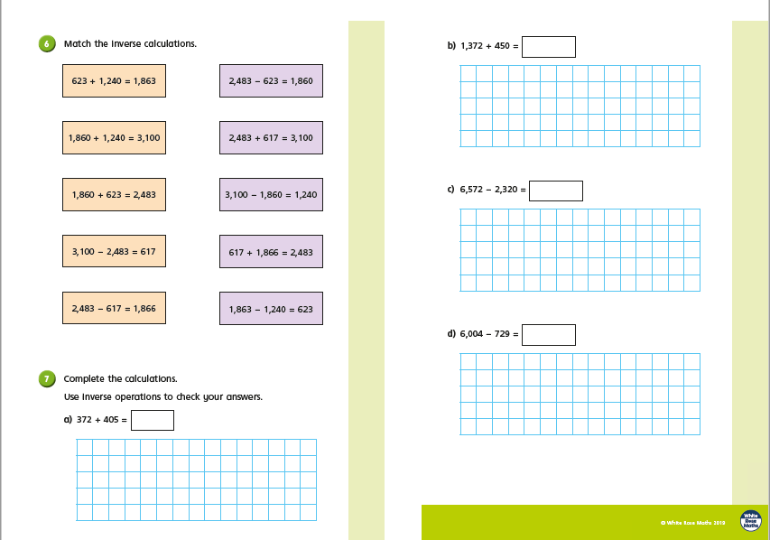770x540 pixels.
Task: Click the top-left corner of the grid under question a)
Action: [77, 439]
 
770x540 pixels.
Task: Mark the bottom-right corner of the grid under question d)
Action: [700, 435]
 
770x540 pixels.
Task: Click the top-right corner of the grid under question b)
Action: [700, 65]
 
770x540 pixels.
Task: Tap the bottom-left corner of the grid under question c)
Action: [460, 291]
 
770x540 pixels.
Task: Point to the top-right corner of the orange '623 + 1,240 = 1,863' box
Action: [165, 64]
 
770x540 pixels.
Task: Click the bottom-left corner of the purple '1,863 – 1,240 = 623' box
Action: [219, 325]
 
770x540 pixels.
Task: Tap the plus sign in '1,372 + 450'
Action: [488, 46]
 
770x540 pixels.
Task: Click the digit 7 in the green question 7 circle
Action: [47, 379]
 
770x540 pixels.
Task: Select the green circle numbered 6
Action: [47, 43]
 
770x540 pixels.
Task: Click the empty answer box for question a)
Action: [153, 420]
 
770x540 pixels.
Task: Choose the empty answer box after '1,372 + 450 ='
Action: [549, 47]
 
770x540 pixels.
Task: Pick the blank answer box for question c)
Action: [556, 191]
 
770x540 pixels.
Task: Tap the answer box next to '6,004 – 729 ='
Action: [549, 335]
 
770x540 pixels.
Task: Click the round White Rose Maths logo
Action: [751, 521]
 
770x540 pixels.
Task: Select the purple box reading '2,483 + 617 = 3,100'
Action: [271, 137]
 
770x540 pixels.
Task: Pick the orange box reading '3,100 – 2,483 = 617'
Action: [114, 251]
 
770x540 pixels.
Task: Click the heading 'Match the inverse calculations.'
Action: [130, 43]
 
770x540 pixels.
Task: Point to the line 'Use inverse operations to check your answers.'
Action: [163, 397]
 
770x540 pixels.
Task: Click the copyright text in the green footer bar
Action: [692, 523]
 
